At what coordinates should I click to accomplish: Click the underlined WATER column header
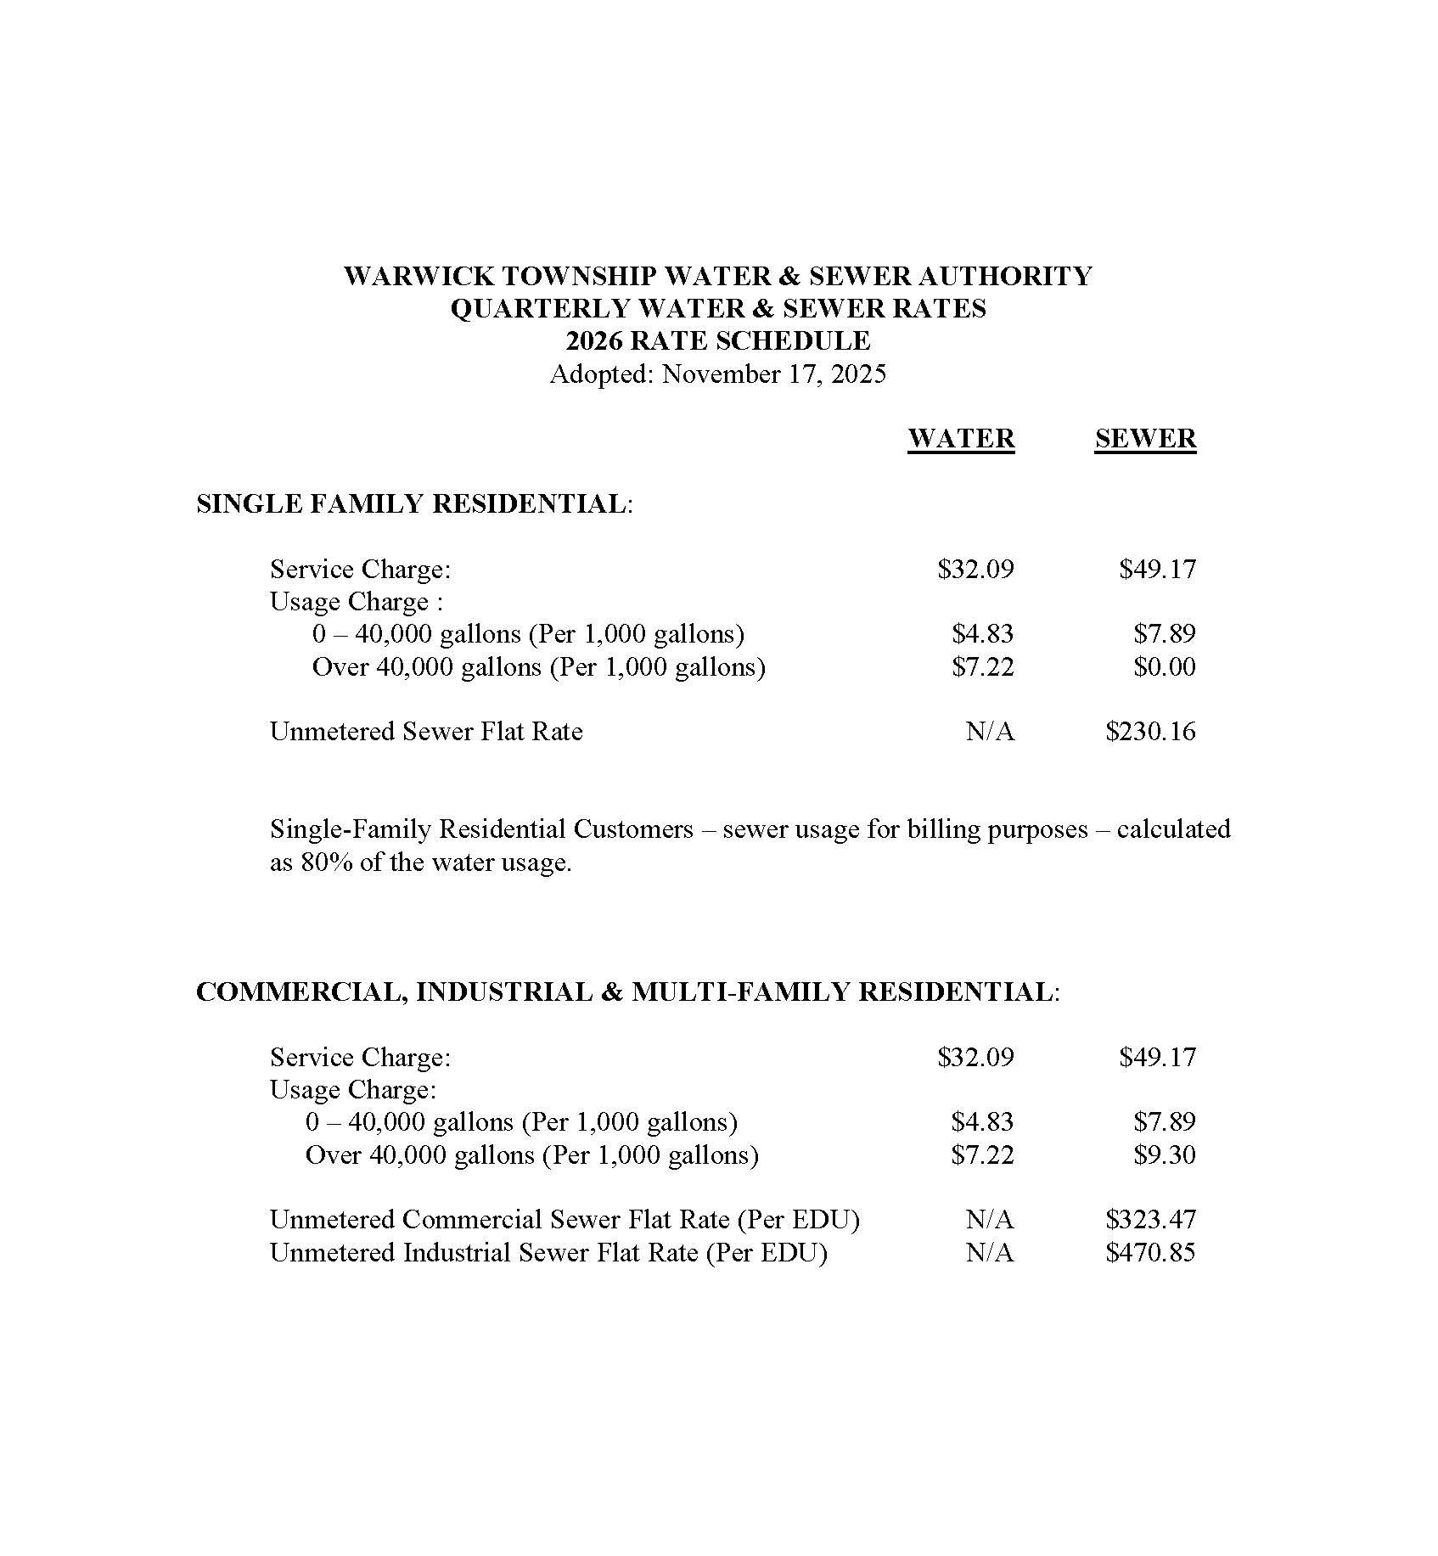coord(960,439)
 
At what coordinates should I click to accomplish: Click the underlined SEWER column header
coord(1144,439)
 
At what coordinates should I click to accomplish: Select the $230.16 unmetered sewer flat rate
coord(1150,731)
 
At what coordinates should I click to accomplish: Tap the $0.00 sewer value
coord(1164,666)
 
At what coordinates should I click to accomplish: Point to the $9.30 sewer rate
coord(1164,1154)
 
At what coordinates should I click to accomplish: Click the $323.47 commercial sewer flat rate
coord(1150,1220)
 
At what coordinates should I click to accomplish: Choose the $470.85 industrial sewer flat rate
coord(1150,1252)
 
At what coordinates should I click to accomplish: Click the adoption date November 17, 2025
coord(773,374)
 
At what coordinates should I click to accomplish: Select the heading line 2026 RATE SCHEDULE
coord(718,341)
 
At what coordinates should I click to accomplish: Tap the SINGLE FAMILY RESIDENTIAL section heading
coord(412,503)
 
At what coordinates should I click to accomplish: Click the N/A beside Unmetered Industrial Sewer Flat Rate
coord(989,1252)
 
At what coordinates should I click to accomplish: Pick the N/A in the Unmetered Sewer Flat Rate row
coord(989,731)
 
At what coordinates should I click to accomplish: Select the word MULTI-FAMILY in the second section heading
coord(739,991)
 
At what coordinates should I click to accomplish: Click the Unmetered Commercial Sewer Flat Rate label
coord(565,1220)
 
